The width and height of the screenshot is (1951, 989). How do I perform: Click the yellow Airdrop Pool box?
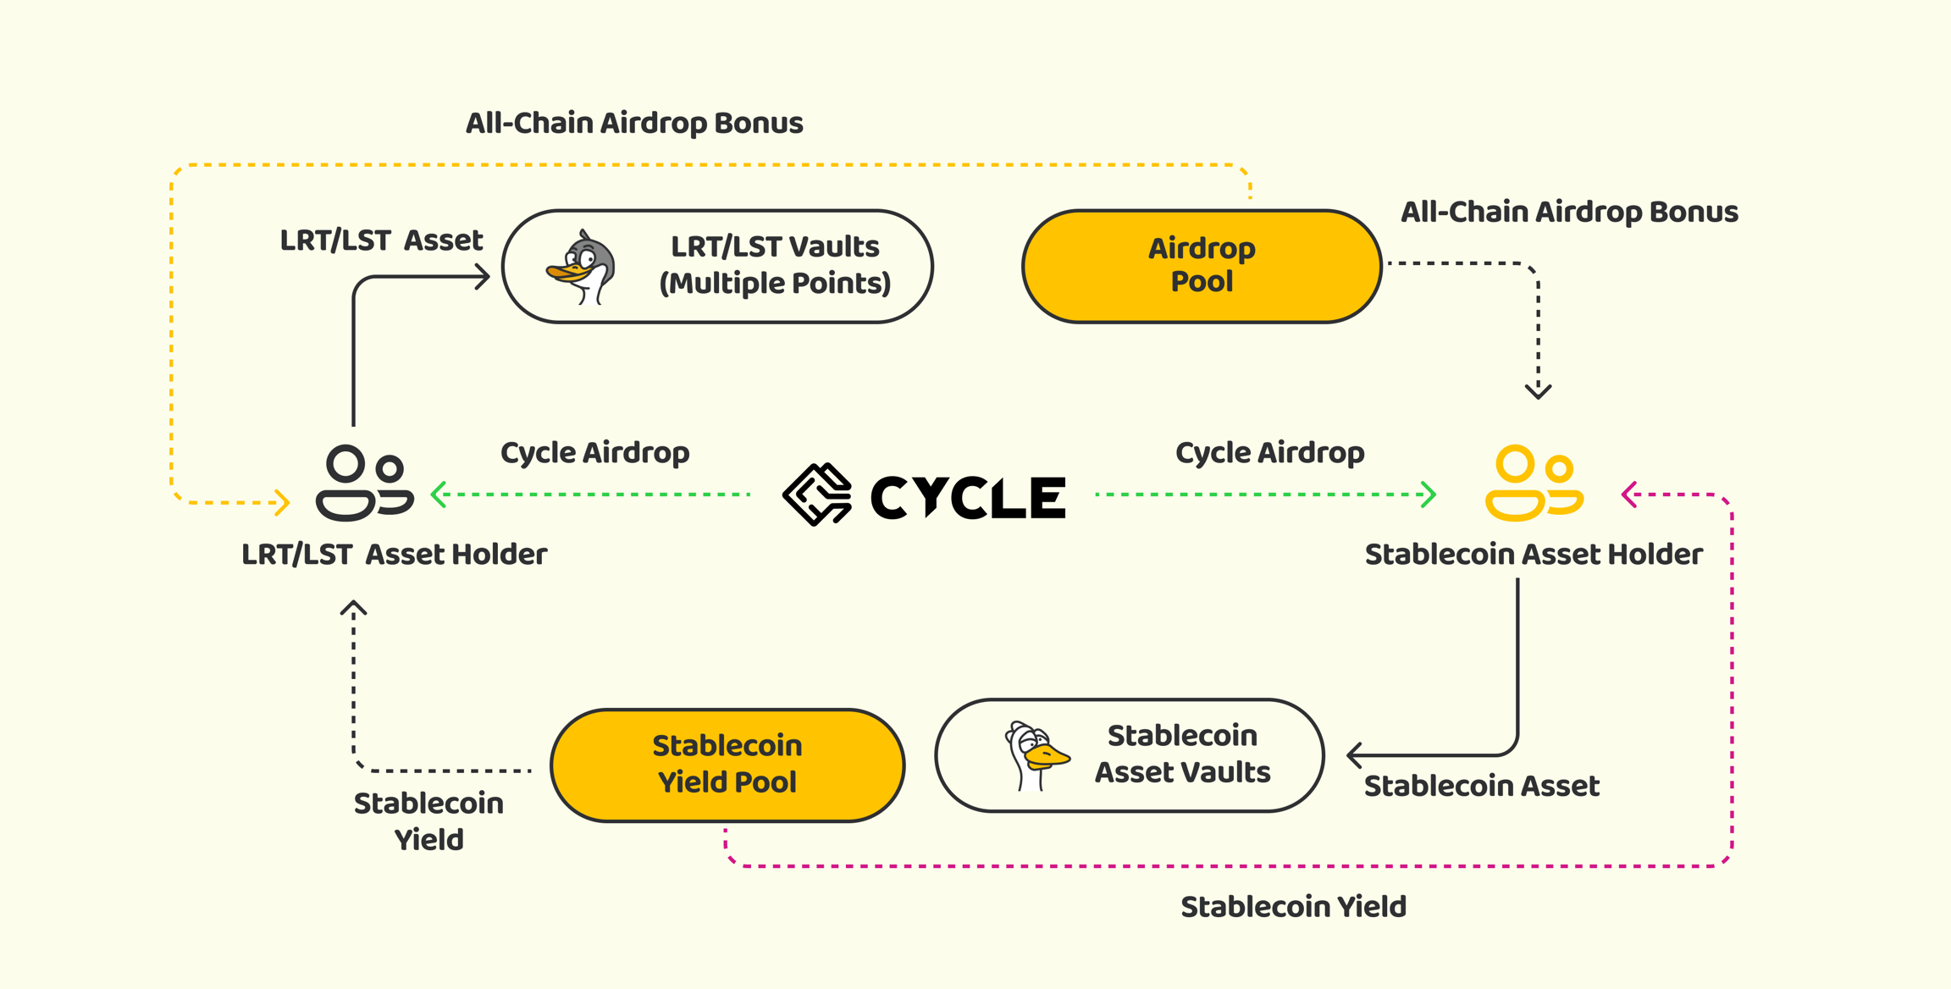click(1202, 266)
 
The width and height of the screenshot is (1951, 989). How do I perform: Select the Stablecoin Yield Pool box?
click(727, 765)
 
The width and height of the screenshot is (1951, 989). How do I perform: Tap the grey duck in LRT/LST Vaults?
click(581, 267)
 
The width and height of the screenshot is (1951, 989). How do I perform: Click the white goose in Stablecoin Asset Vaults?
click(1036, 756)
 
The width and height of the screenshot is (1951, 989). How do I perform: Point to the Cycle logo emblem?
click(817, 494)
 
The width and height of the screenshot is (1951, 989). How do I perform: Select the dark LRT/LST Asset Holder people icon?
click(365, 483)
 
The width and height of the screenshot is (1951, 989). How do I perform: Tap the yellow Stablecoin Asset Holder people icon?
click(1534, 483)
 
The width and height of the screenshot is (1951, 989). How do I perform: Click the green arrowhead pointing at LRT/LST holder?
click(438, 494)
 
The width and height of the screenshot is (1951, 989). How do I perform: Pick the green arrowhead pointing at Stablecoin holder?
click(1429, 494)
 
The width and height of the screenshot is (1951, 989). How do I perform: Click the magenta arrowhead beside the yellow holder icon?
click(1628, 494)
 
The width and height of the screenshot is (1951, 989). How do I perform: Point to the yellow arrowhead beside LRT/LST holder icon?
click(283, 502)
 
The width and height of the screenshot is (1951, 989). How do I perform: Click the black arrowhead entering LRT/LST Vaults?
click(483, 276)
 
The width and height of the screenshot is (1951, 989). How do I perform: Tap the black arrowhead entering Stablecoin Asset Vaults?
click(1354, 754)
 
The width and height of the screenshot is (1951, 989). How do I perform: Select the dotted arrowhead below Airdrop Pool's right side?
click(1539, 391)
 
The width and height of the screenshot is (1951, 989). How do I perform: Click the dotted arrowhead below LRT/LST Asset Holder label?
click(353, 607)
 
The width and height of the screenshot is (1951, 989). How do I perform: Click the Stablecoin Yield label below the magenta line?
click(1293, 907)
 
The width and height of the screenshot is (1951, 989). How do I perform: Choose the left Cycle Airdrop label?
click(594, 452)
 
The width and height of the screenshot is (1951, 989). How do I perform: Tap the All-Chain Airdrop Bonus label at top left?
click(634, 123)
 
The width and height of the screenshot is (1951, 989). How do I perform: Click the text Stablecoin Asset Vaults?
click(1182, 754)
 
